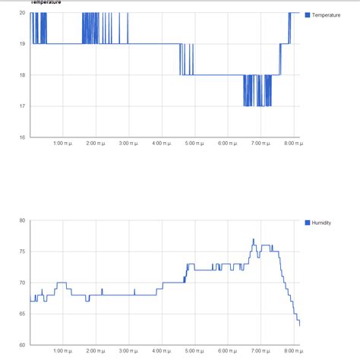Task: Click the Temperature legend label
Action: pos(327,15)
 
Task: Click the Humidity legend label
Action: pos(322,223)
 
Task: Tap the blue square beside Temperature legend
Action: pos(308,15)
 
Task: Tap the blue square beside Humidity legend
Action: pos(308,223)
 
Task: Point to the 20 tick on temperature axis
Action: pos(23,13)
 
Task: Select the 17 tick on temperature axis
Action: pos(23,106)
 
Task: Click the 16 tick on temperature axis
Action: pos(23,137)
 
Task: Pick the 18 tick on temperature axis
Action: pos(23,74)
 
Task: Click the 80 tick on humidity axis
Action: pos(22,220)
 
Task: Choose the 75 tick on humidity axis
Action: pos(22,251)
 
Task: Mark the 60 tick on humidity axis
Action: pos(22,345)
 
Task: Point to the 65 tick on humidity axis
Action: pos(22,314)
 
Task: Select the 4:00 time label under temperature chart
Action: pos(162,144)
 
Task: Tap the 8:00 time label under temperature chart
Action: pos(293,144)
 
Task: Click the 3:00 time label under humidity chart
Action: pos(129,352)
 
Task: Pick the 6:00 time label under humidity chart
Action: pos(227,352)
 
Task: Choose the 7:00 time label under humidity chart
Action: pos(261,352)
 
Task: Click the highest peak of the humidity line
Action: pos(254,239)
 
